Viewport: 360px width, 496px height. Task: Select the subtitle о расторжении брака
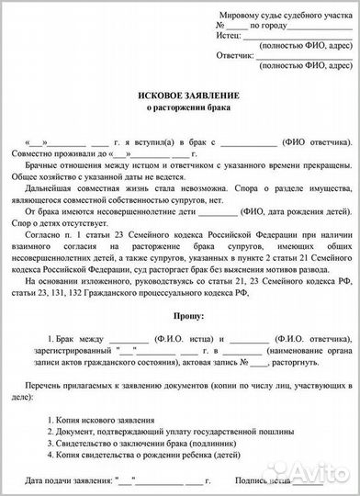pos(180,110)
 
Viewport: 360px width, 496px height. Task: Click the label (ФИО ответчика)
pos(314,145)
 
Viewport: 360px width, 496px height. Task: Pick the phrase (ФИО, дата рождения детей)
pos(297,210)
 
